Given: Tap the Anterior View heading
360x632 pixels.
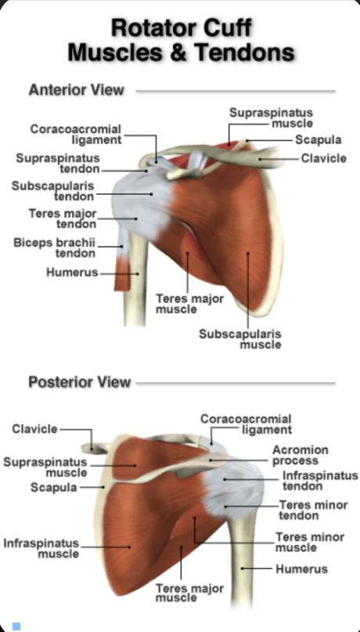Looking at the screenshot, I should point(76,89).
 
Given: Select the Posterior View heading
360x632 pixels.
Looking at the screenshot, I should point(79,382).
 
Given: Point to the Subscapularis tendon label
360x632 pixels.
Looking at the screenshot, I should point(53,190).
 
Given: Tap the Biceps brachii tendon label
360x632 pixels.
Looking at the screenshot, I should point(54,247).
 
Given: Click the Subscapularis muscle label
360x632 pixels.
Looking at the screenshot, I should point(239,338).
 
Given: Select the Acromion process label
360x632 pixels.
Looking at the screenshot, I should point(300,455).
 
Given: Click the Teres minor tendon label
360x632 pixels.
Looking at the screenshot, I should point(313,510).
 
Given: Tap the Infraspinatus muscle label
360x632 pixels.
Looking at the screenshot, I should point(41,547).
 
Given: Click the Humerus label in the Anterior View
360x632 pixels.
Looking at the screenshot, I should point(71,273).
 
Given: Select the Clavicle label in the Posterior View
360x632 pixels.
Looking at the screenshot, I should point(34,429).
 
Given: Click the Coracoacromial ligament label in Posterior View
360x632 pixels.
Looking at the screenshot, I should point(246,424).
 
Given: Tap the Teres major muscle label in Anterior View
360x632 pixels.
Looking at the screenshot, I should point(189,303).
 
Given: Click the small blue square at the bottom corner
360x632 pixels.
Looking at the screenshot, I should point(16,626).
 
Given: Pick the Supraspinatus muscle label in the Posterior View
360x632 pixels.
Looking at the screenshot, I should point(45,467).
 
